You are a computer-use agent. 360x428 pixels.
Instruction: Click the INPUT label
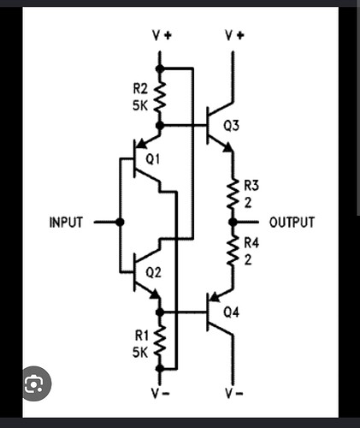coord(66,223)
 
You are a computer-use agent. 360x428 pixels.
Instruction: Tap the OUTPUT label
coord(292,223)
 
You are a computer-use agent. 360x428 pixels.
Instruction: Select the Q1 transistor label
coord(153,159)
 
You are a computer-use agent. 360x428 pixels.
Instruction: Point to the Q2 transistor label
coord(153,273)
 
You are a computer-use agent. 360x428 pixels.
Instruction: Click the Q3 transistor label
coord(231,126)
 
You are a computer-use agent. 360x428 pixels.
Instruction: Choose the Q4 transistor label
coord(231,312)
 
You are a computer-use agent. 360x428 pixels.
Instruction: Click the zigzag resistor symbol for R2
coord(160,97)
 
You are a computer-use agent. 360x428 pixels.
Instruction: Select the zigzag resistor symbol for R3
coord(233,194)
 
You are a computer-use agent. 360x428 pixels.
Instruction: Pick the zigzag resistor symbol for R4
coord(233,251)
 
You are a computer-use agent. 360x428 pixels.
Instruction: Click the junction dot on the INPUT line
coord(121,222)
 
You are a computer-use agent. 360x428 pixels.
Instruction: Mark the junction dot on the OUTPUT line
coord(233,222)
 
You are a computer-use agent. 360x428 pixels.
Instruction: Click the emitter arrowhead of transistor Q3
coord(228,147)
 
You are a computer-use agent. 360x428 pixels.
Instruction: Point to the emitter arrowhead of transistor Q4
coord(215,297)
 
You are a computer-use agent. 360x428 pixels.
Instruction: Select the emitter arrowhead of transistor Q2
coord(155,294)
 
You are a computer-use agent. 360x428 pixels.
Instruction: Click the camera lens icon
coord(34,383)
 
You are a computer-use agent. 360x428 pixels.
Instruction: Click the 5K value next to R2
coord(140,106)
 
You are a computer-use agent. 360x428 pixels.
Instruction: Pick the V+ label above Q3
coord(234,35)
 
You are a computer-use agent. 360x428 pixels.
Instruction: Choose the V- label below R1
coord(161,394)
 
